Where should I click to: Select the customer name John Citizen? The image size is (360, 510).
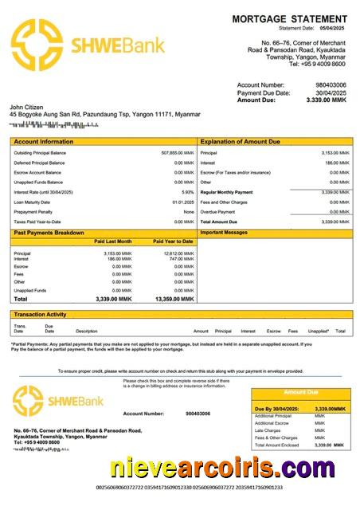click(27, 107)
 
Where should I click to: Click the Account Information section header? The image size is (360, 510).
click(45, 142)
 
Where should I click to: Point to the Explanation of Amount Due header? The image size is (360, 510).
click(241, 142)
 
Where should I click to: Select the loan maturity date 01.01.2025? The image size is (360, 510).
click(183, 202)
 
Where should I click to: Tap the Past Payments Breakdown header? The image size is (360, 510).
click(49, 233)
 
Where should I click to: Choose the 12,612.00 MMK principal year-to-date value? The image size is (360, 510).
click(178, 253)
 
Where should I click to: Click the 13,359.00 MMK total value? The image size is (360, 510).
click(174, 299)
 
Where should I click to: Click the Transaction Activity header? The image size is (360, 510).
click(40, 315)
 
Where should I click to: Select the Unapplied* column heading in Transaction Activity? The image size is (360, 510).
click(318, 331)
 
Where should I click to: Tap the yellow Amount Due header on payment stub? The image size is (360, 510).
click(301, 392)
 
